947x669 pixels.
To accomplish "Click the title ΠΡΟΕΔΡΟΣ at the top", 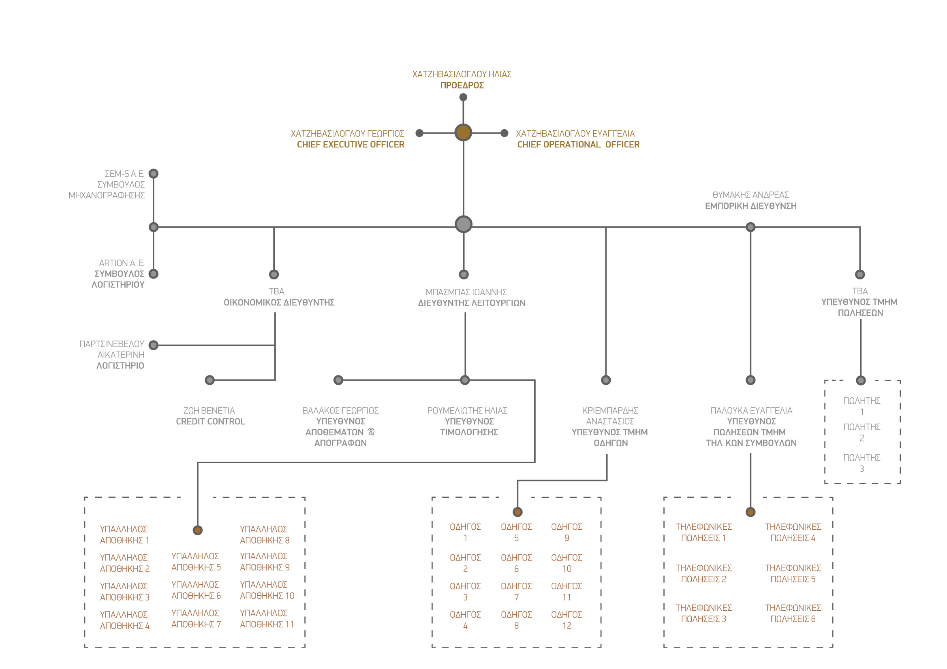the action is [x=462, y=85].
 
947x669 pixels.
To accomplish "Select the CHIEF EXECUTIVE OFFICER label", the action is [x=351, y=145].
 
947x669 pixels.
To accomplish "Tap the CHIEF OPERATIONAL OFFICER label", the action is [x=578, y=145].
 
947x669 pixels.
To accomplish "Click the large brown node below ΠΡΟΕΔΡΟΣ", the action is [x=463, y=133].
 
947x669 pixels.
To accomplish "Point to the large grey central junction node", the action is [x=464, y=224].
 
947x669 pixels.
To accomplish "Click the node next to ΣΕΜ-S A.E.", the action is [x=154, y=174].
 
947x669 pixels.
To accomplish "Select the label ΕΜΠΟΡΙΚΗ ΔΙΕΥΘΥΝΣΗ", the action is [x=750, y=206].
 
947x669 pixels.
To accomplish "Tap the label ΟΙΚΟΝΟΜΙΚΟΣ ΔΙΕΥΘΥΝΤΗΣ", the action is [x=279, y=303].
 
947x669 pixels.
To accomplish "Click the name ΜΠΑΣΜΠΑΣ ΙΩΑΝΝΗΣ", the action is [x=466, y=292].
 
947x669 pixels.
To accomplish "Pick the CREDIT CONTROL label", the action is [x=211, y=422].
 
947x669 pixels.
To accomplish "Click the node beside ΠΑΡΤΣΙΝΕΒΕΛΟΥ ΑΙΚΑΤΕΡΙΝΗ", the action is [x=154, y=345].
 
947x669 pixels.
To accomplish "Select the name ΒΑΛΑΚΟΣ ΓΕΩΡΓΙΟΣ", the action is [x=340, y=411].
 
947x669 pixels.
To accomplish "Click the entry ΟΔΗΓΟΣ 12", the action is [x=567, y=620].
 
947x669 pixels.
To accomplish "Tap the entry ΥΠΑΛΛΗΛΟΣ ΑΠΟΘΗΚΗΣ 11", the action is [x=267, y=619].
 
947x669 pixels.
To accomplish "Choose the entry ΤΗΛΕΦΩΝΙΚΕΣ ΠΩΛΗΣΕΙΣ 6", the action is [x=793, y=614].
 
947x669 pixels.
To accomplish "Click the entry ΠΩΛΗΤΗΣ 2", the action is [x=861, y=433].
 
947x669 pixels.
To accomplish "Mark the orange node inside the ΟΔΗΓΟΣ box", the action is [x=517, y=512].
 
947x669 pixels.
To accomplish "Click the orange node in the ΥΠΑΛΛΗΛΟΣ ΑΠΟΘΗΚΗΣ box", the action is [x=198, y=530].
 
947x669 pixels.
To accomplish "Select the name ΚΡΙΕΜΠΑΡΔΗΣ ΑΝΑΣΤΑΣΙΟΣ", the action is [x=610, y=416].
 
